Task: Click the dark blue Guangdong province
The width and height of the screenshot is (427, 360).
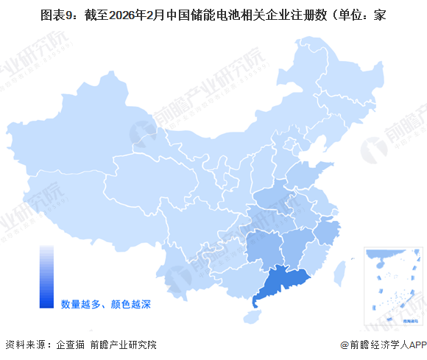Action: click(x=283, y=286)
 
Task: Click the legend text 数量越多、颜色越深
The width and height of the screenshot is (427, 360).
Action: click(x=105, y=303)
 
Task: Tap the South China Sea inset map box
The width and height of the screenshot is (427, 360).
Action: click(x=395, y=286)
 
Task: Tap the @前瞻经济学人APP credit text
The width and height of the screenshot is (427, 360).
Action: click(x=383, y=344)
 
